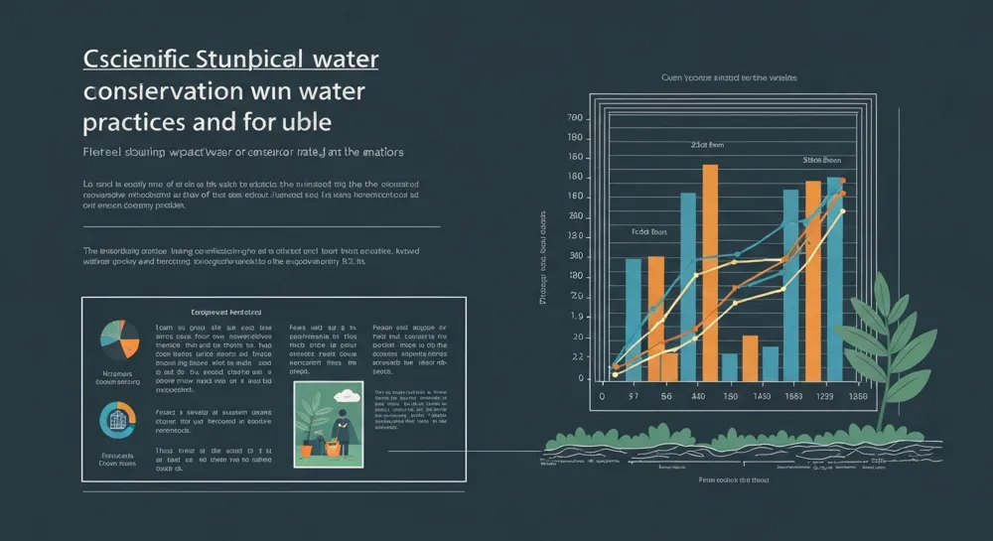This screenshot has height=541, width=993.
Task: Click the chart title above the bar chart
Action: coord(729,76)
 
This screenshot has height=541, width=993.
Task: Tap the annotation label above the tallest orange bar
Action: coord(708,145)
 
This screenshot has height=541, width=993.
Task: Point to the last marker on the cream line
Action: coord(842,211)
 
